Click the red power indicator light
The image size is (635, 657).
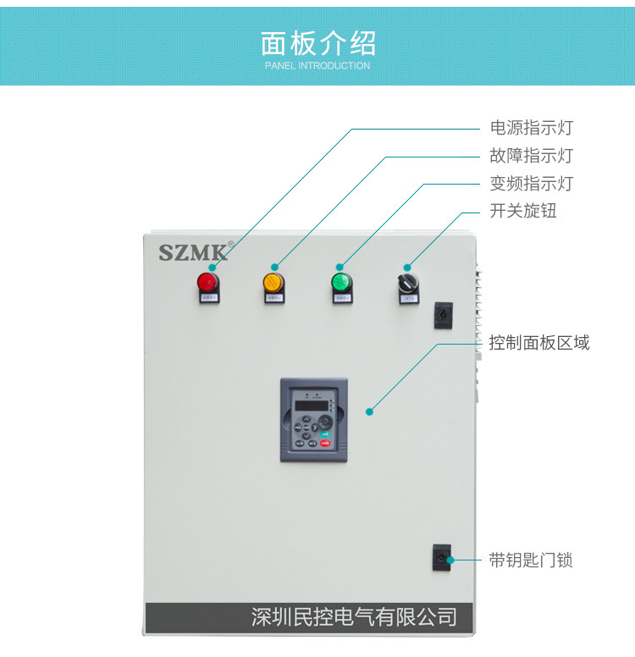(207, 281)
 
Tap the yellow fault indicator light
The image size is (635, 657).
(273, 281)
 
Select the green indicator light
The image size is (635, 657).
(341, 281)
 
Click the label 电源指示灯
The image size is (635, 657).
(531, 128)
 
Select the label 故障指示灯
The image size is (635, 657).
(531, 156)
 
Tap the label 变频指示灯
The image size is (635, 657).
(531, 184)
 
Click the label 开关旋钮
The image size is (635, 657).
(522, 211)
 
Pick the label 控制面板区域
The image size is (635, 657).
(538, 343)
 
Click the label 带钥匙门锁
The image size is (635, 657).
(531, 560)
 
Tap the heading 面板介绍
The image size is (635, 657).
(317, 42)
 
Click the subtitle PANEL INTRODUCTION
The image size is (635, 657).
(317, 65)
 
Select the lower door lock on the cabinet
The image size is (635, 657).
(441, 558)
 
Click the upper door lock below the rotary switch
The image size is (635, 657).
(442, 315)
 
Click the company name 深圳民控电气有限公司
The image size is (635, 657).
(354, 616)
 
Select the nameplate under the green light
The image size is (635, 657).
(341, 298)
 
